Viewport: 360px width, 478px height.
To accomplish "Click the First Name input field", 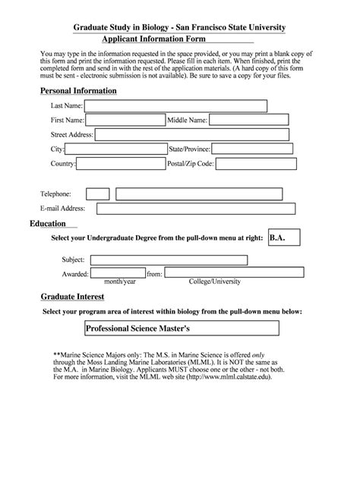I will (125, 120).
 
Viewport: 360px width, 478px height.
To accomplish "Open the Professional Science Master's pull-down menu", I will (182, 329).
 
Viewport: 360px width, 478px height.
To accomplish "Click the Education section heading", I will (47, 224).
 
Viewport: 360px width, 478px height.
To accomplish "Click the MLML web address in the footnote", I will (221, 376).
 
